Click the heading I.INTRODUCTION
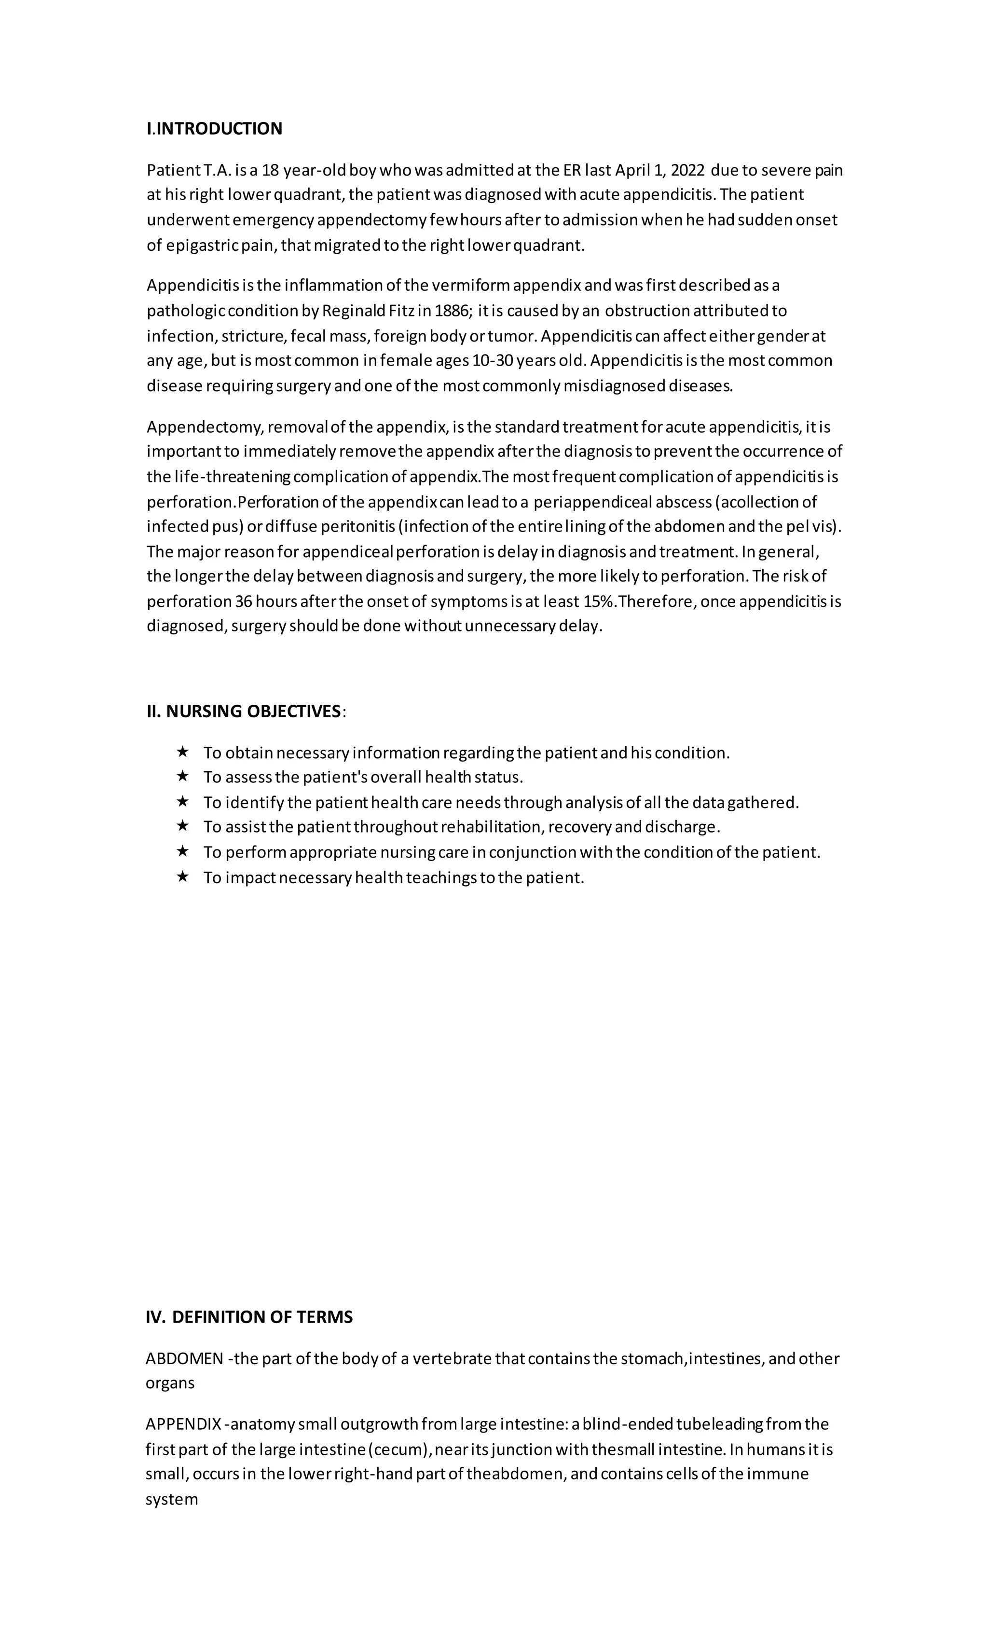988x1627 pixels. click(x=214, y=129)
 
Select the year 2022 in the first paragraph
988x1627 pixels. click(x=687, y=170)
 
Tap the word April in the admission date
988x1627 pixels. click(x=632, y=170)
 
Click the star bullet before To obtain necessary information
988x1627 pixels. click(x=183, y=752)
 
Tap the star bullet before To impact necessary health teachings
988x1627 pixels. click(x=183, y=877)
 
